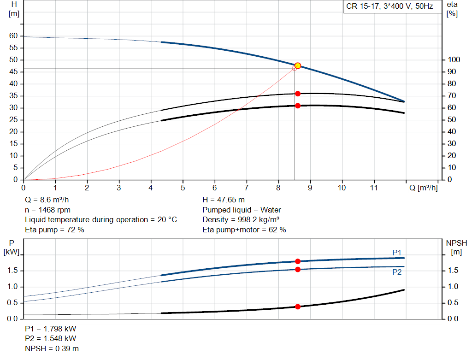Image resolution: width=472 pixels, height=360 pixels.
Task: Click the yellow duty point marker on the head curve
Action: (x=298, y=65)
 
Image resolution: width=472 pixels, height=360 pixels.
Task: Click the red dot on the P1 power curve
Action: (x=298, y=261)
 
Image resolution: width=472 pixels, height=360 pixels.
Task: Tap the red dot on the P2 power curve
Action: (x=298, y=269)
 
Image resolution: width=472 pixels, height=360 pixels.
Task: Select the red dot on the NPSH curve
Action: (x=298, y=307)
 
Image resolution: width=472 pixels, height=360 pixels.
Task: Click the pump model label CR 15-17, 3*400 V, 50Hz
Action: (x=389, y=6)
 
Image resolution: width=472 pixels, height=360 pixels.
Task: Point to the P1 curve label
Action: (x=397, y=253)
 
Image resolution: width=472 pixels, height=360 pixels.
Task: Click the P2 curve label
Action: (x=397, y=272)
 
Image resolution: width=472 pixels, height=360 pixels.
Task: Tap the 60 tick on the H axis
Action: (x=13, y=36)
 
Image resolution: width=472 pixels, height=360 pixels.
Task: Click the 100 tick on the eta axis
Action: (x=454, y=59)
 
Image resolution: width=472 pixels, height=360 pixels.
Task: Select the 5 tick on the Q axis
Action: (x=183, y=188)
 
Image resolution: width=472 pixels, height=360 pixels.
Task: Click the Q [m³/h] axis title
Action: (x=424, y=188)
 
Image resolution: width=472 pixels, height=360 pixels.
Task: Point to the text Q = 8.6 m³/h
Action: (x=47, y=200)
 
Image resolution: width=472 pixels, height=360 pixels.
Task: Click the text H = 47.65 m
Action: (x=224, y=200)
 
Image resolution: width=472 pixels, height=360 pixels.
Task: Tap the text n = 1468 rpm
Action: (x=47, y=210)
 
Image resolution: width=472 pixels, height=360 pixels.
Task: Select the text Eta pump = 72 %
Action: (x=54, y=230)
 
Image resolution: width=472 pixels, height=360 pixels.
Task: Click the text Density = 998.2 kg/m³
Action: (x=241, y=220)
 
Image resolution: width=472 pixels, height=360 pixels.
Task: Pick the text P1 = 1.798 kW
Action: (x=51, y=329)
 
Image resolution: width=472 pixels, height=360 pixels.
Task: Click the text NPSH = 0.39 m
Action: (x=52, y=348)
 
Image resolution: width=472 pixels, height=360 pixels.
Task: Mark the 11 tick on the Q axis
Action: (x=373, y=188)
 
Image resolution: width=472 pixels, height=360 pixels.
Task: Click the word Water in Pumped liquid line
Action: (x=271, y=210)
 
